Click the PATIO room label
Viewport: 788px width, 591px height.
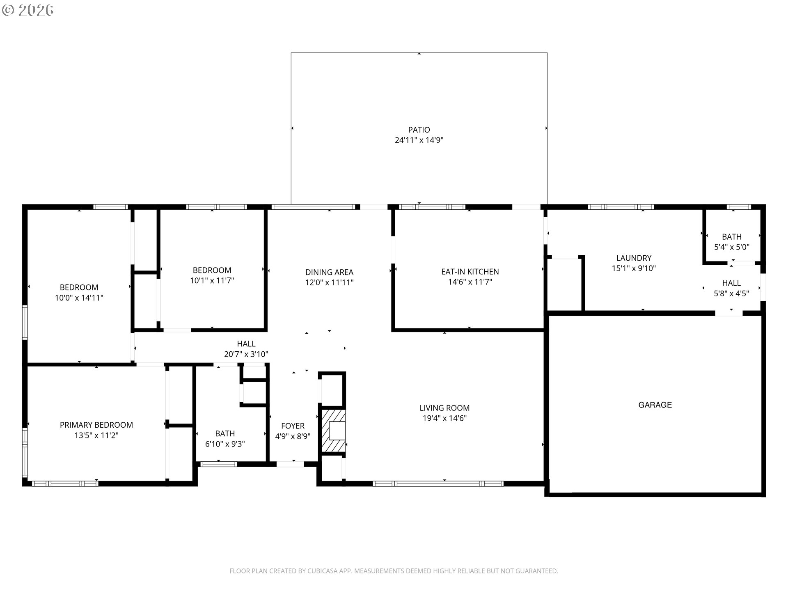419,130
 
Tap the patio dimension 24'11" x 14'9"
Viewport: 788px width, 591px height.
419,140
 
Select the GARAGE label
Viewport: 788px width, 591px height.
655,405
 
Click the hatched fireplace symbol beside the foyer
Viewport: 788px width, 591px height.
333,431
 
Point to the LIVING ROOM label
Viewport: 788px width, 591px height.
444,408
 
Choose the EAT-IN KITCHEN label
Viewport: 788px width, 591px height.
470,272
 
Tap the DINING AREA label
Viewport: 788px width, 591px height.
329,272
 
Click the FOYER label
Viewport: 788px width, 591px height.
293,426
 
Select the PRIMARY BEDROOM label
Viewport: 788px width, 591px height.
96,425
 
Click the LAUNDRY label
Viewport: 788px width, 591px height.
634,258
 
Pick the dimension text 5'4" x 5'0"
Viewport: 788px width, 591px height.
732,247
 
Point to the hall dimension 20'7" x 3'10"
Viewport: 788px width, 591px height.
246,354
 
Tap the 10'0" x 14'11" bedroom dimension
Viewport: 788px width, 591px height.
79,298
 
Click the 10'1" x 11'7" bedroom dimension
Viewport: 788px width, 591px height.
212,281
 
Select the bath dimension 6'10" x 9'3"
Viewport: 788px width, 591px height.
225,444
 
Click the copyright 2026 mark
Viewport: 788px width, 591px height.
27,10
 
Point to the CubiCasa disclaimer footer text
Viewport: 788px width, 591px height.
394,571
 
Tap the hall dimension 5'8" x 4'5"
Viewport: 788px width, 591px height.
731,293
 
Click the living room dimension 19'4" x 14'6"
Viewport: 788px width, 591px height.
444,418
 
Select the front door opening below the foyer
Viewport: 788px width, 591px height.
290,464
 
